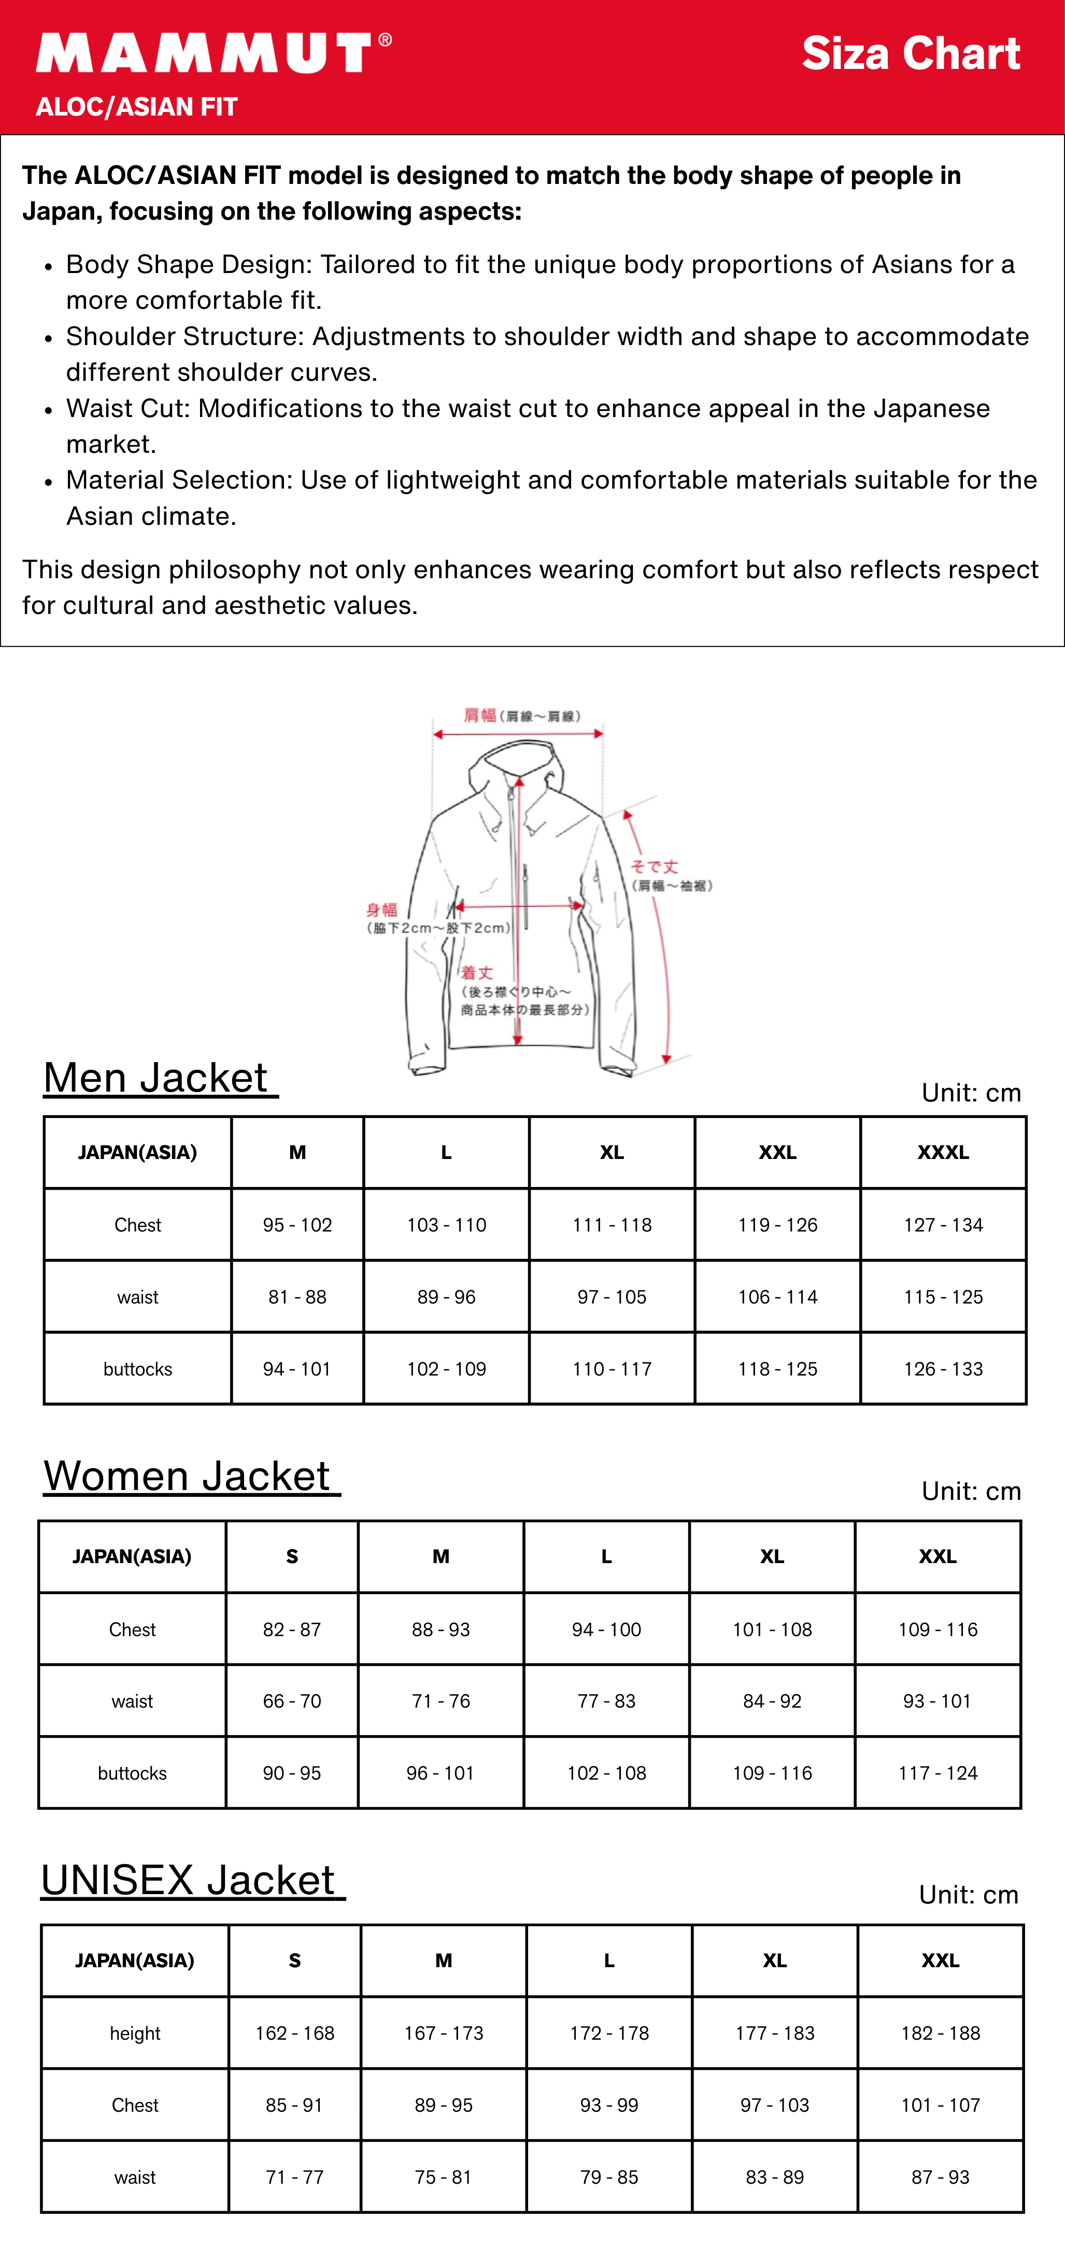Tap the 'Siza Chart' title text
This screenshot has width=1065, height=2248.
pos(911,54)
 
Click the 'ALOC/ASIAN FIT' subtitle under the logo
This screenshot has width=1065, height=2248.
pos(136,107)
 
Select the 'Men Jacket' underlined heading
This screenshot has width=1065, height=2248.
pos(160,1078)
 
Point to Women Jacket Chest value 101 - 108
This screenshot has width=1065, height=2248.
pos(772,1629)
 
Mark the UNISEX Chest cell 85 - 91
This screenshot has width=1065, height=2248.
pos(294,2106)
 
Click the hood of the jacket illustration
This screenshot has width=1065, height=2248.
pos(519,759)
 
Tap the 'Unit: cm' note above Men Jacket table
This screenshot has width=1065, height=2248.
pos(971,1093)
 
